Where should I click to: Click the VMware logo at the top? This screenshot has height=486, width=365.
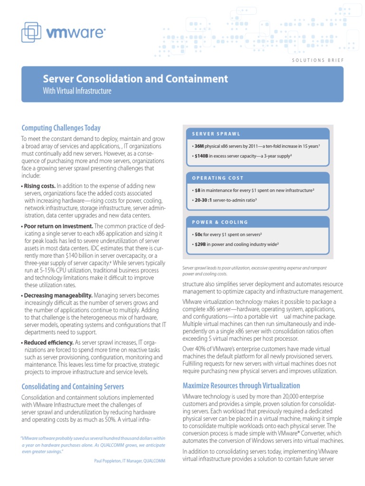(x=63, y=32)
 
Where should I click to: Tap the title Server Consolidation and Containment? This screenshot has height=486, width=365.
(x=135, y=79)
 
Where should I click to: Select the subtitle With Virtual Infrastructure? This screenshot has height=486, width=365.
(x=77, y=91)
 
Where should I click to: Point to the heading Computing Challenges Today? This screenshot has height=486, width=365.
(x=61, y=128)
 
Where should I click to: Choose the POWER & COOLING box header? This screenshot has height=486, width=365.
(x=220, y=222)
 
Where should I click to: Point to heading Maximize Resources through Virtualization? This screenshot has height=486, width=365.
(x=241, y=385)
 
